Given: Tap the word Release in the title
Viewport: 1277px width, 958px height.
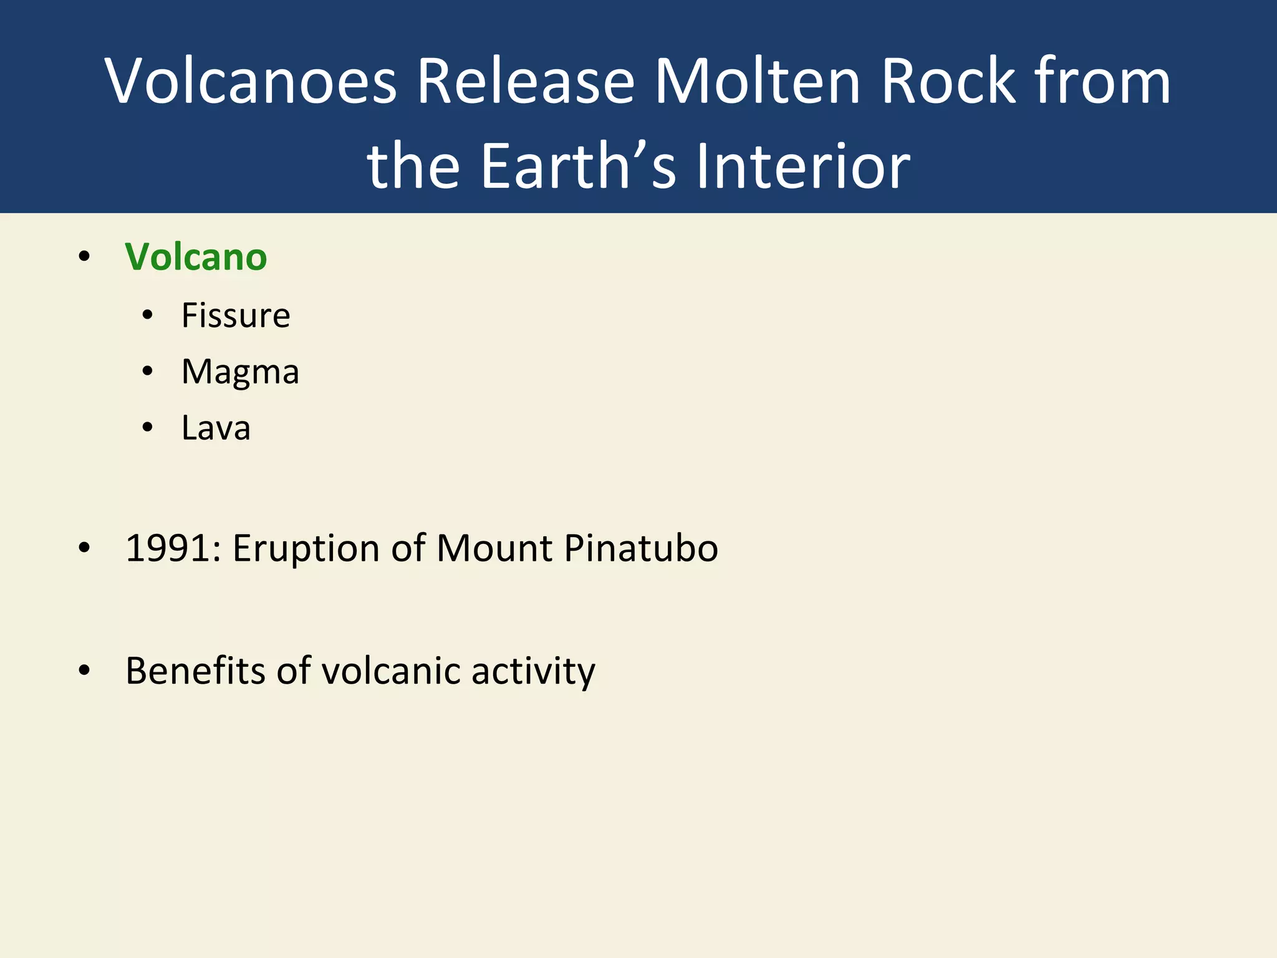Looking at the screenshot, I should point(526,81).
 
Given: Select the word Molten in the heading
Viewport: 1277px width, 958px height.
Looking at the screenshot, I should point(757,81).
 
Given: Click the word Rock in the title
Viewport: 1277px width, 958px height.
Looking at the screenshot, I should point(948,81).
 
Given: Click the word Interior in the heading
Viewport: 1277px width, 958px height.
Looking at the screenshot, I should point(802,166).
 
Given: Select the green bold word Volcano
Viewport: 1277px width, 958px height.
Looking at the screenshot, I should point(196,257).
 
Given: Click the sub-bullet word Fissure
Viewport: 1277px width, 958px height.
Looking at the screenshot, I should point(236,315).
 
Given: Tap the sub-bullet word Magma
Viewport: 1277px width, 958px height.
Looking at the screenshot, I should point(240,372).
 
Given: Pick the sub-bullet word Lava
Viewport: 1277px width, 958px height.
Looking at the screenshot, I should point(216,428).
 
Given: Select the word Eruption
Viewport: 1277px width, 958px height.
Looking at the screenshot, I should point(306,549).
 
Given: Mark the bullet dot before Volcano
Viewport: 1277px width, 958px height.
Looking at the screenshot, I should point(84,256).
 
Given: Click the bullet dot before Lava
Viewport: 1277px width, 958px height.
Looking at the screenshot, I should point(147,428).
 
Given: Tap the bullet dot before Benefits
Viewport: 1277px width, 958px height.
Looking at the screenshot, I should point(84,670).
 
